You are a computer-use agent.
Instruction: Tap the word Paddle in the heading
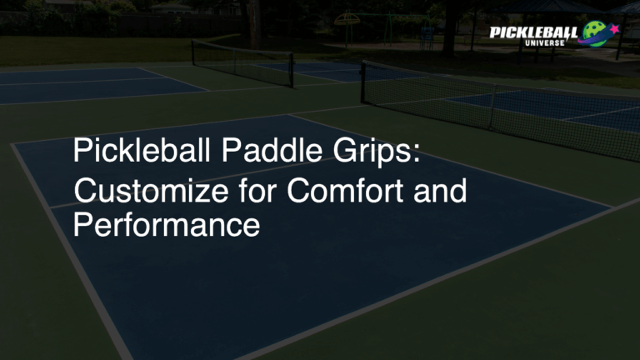267,152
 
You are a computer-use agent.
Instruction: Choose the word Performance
167,225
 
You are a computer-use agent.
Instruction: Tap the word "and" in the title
442,191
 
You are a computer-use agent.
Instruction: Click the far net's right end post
292,71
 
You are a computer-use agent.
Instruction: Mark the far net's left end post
193,53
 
